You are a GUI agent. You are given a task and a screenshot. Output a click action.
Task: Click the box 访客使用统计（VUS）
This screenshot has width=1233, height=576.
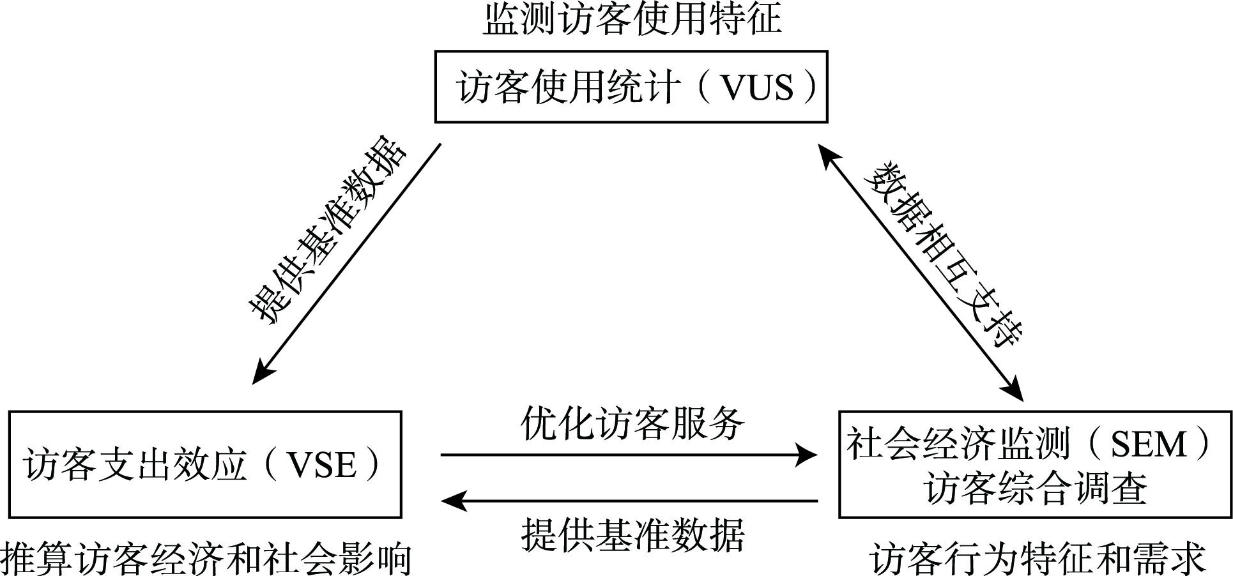click(631, 87)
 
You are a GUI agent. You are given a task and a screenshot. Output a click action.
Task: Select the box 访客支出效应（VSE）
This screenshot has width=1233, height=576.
click(204, 464)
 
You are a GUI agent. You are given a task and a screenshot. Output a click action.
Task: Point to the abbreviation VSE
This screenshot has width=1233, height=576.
click(321, 465)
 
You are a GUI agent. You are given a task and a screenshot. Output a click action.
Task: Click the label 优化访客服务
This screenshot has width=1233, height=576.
click(632, 423)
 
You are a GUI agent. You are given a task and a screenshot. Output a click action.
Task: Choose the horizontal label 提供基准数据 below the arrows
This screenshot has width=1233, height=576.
click(632, 534)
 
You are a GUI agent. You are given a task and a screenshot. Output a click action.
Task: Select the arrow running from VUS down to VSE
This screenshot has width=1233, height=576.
click(347, 263)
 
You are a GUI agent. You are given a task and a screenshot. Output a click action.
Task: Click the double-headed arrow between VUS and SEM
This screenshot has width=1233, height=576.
click(920, 271)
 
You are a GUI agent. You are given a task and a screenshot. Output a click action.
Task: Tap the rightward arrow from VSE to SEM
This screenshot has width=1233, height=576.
click(629, 455)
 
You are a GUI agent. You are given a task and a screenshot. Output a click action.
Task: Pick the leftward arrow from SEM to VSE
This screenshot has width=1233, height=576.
click(629, 501)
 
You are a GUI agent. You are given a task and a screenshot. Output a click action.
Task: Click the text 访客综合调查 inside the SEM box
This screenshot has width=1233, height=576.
click(1035, 489)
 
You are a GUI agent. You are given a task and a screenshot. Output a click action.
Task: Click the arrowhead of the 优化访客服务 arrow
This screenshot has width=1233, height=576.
click(808, 455)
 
